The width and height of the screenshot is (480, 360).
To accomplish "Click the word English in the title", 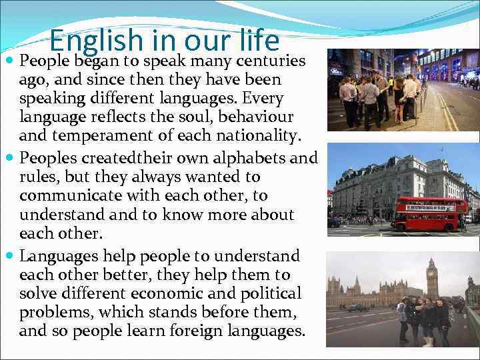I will point(95,41).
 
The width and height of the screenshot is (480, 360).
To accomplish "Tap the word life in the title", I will point(257,41).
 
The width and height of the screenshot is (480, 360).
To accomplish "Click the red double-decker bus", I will point(430,213).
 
